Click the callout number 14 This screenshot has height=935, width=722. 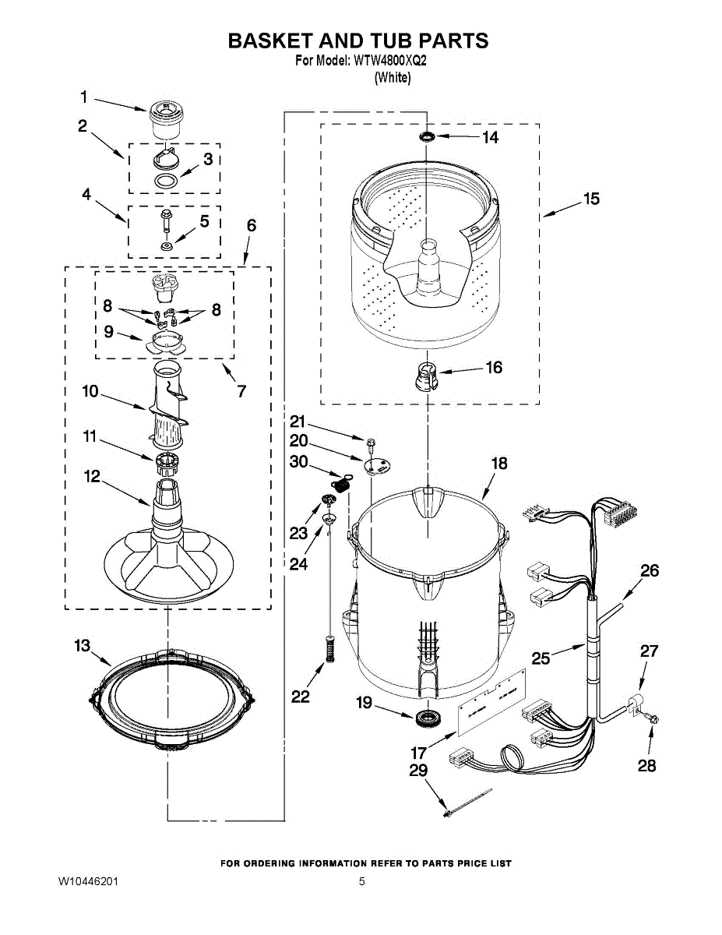(x=490, y=138)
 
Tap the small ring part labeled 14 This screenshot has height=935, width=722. (x=427, y=137)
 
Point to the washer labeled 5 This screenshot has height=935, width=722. (x=166, y=246)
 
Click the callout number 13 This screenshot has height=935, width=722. (x=83, y=645)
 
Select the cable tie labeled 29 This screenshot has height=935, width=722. (x=466, y=803)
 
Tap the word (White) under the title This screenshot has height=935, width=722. (x=393, y=78)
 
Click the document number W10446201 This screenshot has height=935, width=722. (x=89, y=882)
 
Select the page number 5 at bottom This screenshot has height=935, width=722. (x=361, y=882)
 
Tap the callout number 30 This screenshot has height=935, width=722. (x=298, y=461)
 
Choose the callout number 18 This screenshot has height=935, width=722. (x=498, y=464)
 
